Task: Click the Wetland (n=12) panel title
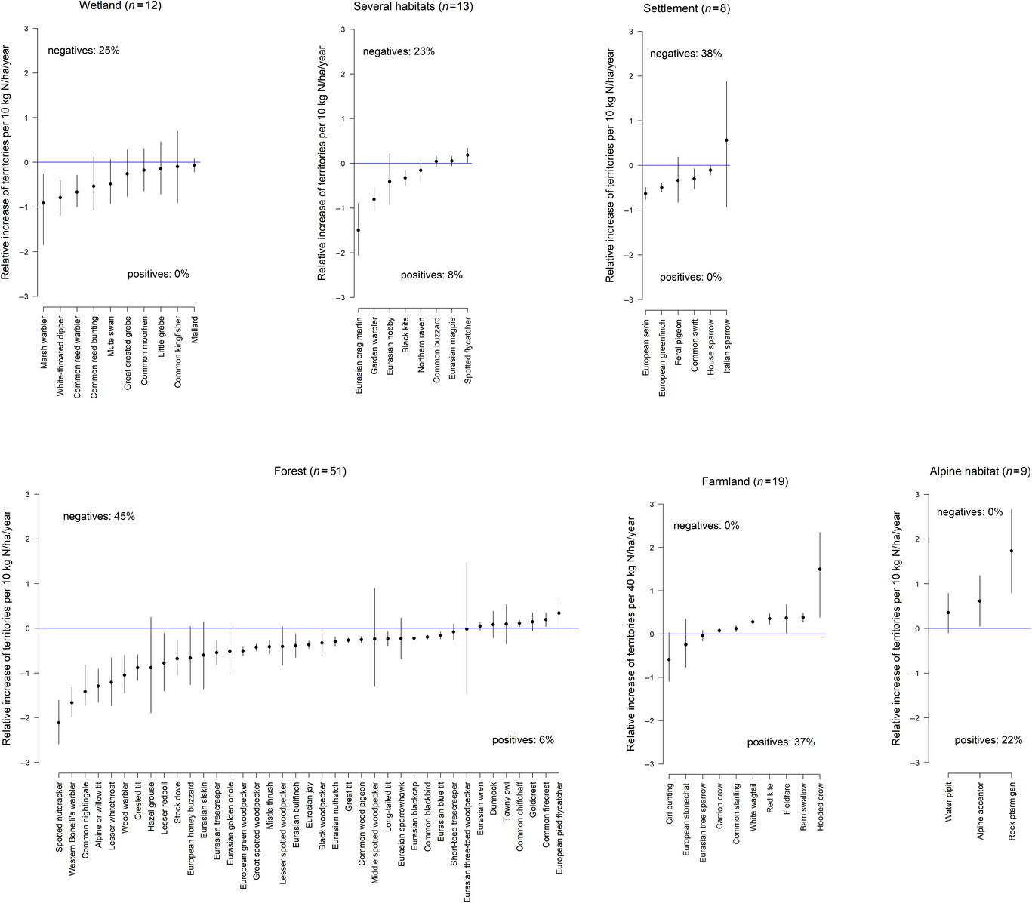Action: coord(120,6)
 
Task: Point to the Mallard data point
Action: coord(194,164)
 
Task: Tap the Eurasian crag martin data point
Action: coord(358,230)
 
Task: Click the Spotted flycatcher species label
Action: coord(468,350)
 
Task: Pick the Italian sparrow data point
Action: coord(726,140)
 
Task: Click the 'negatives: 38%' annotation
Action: coord(685,54)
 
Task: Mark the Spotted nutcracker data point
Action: coord(59,723)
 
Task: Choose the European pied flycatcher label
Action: coord(559,828)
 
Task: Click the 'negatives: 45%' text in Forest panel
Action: coord(99,517)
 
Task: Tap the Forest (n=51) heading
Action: coord(310,471)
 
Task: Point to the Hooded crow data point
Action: coord(820,570)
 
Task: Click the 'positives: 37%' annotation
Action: coord(781,742)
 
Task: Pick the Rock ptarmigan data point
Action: coord(1011,551)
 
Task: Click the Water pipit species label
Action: coord(949,801)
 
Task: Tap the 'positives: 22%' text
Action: coord(988,740)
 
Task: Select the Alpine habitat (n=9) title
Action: coord(979,471)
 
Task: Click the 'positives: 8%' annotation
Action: coord(431,275)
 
